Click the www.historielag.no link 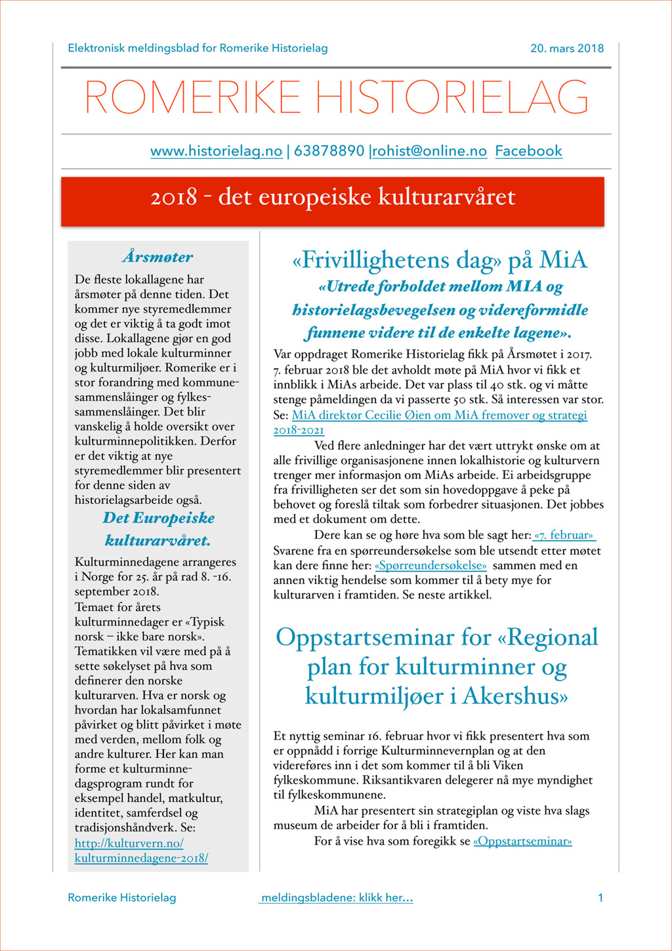[216, 151]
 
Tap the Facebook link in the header [528, 151]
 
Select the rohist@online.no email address [430, 151]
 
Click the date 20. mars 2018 [567, 48]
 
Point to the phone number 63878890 [329, 151]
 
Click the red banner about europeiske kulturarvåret [333, 198]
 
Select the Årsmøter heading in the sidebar [157, 257]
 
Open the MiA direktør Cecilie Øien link [439, 415]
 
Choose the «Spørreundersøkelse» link [430, 565]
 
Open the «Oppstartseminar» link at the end [522, 841]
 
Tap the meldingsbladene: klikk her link [336, 897]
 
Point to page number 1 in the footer [600, 897]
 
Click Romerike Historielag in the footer [121, 897]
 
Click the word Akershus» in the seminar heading [515, 696]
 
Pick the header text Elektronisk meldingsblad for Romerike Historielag [198, 48]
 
